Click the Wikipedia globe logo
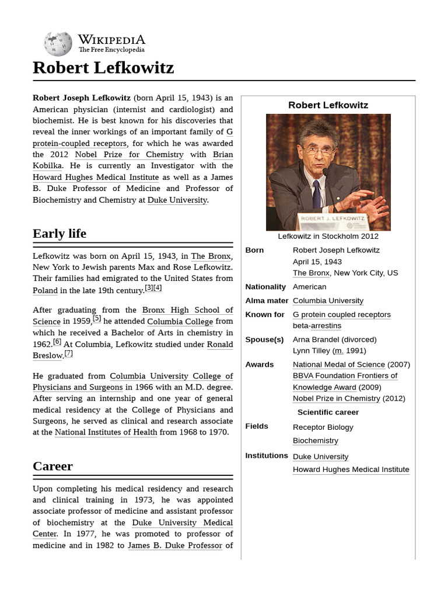(58, 44)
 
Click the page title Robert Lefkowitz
(103, 68)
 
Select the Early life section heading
(60, 234)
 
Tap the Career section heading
(52, 466)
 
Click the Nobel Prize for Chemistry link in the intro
(129, 155)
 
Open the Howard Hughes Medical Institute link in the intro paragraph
(96, 177)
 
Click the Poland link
(45, 290)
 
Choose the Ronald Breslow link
(219, 344)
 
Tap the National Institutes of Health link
(106, 432)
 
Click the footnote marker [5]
(97, 319)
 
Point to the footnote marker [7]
(69, 353)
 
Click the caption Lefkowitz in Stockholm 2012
(328, 237)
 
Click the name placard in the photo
(332, 220)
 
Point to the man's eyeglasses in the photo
(318, 150)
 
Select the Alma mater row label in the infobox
(267, 301)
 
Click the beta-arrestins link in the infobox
(317, 325)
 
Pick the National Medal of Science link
(338, 364)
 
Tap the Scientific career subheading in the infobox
(328, 412)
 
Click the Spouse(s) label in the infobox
(264, 339)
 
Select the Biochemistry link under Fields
(315, 441)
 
